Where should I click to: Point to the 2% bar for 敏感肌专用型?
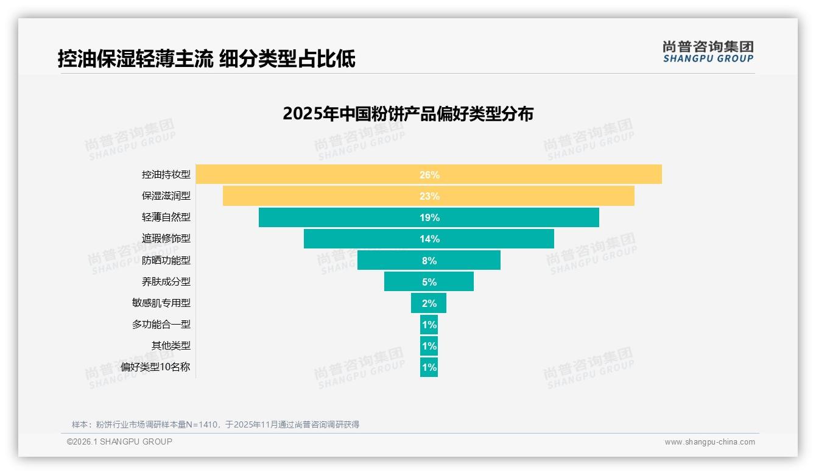[429, 303]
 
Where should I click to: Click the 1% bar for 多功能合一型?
[429, 325]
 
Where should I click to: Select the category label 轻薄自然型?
[166, 217]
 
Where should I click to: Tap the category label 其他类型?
[171, 345]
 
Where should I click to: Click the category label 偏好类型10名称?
[155, 367]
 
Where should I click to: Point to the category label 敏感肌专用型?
[161, 303]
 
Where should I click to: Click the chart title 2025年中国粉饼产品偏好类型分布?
[408, 114]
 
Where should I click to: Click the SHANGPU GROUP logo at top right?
[708, 52]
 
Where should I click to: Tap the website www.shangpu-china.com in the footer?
[709, 442]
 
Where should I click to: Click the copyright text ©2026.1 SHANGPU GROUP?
[119, 442]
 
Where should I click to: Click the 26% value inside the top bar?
[429, 175]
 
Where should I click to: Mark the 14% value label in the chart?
[429, 239]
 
